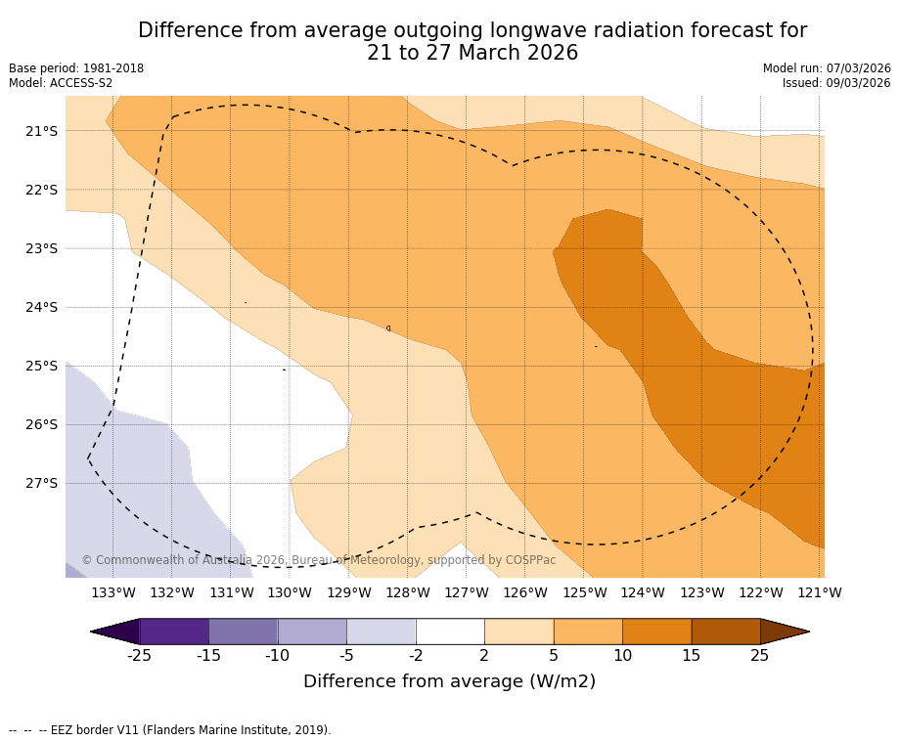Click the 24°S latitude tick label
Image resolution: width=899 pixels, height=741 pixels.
point(40,307)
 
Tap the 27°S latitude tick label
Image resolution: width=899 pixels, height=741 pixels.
point(40,483)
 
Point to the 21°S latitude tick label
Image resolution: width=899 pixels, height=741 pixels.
point(40,131)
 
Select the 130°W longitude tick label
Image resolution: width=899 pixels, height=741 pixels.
point(290,592)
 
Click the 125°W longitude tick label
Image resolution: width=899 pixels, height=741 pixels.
point(584,592)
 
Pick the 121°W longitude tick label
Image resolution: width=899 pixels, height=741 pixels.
point(819,592)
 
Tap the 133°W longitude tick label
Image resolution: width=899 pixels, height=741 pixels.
point(113,592)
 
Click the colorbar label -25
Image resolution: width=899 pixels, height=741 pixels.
point(139,656)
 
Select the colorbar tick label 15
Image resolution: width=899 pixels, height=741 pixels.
point(691,656)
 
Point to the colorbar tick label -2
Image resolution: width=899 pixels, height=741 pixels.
point(415,656)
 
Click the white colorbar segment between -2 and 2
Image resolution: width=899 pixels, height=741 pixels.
point(450,632)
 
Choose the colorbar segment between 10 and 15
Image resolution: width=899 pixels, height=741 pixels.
point(656,632)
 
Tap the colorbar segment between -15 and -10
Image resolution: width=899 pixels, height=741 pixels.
point(243,632)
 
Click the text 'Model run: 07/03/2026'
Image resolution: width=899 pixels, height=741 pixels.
point(827,68)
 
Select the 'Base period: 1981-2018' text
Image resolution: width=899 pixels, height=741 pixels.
point(76,68)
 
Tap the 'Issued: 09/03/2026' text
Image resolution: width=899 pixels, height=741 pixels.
point(836,83)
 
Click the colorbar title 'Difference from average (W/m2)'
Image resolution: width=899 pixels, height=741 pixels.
point(449,681)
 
